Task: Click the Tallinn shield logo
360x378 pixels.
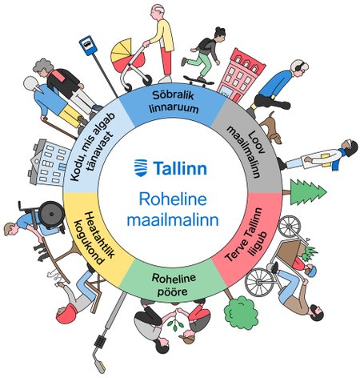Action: point(141,168)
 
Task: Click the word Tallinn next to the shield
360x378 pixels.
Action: point(180,168)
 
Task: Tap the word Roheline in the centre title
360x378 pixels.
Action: point(173,199)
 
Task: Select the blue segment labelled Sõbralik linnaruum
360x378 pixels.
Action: point(173,103)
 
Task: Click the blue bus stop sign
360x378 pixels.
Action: point(87,46)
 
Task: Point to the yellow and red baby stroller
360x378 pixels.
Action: point(130,64)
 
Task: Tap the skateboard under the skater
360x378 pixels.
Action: point(198,80)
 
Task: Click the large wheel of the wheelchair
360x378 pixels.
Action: point(51,214)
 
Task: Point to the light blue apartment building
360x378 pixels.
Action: point(50,162)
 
